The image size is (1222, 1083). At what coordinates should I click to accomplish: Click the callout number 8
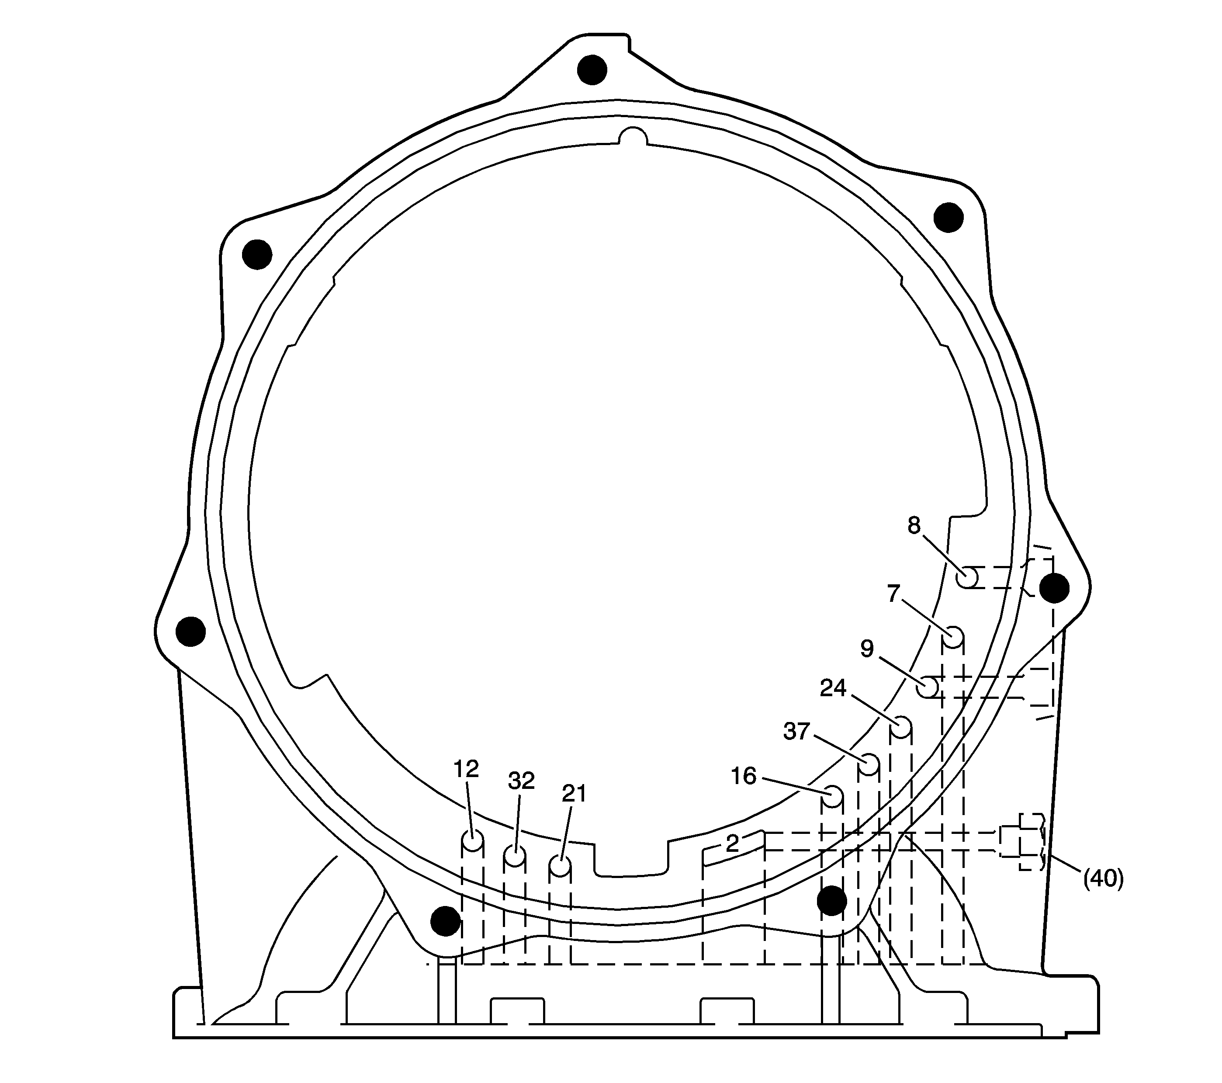[x=914, y=526]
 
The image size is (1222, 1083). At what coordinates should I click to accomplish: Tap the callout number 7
[x=893, y=594]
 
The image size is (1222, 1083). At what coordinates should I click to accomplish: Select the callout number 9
[x=867, y=648]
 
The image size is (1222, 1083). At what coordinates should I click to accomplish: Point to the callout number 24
[x=833, y=688]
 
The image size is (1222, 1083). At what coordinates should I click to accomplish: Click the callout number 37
[x=796, y=731]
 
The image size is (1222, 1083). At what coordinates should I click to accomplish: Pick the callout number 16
[x=744, y=776]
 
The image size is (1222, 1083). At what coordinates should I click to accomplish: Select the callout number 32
[x=521, y=781]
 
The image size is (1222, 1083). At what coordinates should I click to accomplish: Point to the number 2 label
[x=732, y=843]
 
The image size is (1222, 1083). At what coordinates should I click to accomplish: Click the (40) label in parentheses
[x=1104, y=879]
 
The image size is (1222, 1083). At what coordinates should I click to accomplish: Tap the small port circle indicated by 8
[x=967, y=578]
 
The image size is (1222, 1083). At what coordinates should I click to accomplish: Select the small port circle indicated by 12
[x=472, y=841]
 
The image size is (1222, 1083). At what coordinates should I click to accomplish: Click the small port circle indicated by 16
[x=831, y=796]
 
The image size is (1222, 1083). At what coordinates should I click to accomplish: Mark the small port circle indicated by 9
[x=928, y=687]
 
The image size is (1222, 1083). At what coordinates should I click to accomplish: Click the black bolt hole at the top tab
[x=592, y=70]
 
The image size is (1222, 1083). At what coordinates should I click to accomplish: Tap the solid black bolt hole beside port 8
[x=1053, y=588]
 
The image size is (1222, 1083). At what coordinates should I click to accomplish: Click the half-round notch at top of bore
[x=633, y=138]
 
